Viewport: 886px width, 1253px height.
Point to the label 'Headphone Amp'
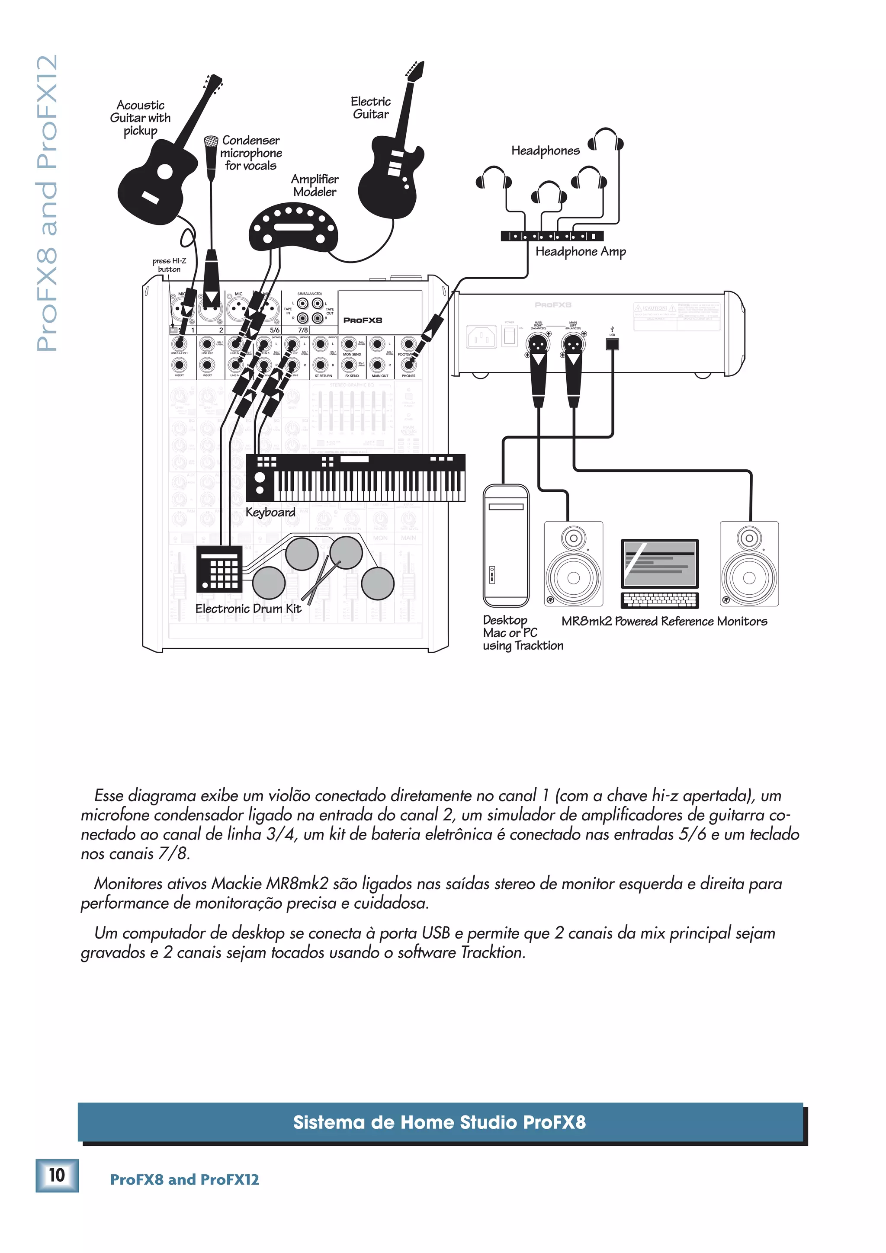tap(580, 252)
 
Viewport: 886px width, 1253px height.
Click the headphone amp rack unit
tap(551, 236)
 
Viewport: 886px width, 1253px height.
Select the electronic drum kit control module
tap(219, 569)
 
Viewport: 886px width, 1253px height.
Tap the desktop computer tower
tap(505, 546)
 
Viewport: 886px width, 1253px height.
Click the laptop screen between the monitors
tap(659, 564)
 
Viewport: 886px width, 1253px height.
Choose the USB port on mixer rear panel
tap(612, 344)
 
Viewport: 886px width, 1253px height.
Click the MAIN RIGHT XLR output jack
tap(538, 344)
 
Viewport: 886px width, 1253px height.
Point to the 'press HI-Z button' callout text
tap(169, 265)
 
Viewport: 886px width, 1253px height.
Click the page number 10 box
tap(57, 1175)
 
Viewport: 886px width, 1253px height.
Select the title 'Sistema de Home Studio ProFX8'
tap(440, 1122)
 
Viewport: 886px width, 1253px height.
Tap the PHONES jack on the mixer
tap(408, 365)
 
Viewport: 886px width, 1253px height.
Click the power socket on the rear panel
tap(481, 337)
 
